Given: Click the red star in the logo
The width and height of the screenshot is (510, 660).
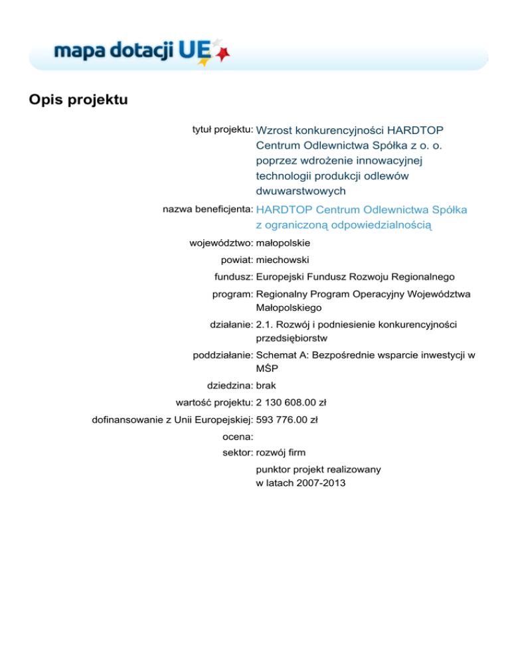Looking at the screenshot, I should point(224,52).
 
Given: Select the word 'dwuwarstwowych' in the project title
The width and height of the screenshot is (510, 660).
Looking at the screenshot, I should point(300,191).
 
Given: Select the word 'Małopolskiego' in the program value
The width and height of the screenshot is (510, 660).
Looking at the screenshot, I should point(288,307).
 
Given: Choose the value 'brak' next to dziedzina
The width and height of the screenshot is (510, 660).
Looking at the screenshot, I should point(266,385).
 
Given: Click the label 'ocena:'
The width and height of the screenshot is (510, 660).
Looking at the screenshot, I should point(236,437).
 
